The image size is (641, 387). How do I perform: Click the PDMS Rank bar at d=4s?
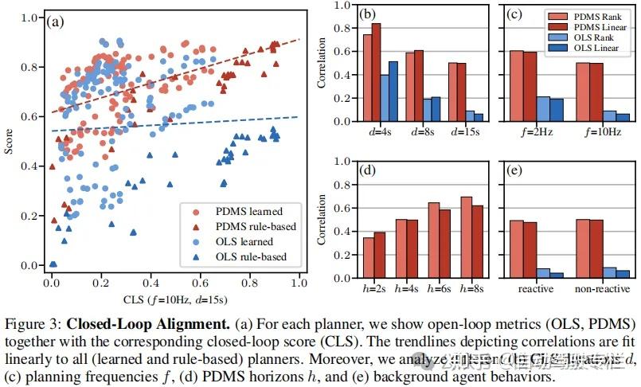click(x=367, y=78)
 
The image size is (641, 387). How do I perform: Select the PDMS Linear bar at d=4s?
click(x=377, y=72)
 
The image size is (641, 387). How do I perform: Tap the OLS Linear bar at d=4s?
click(x=393, y=92)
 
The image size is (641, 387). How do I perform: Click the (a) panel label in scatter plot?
click(x=58, y=21)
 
